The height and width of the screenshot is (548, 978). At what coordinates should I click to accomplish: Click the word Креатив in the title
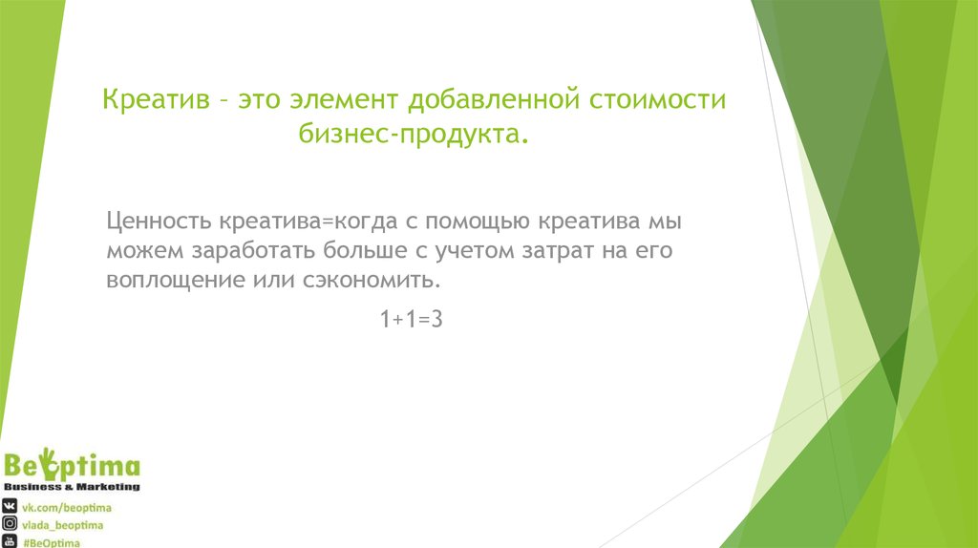[156, 100]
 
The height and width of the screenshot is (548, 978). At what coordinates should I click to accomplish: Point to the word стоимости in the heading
[658, 100]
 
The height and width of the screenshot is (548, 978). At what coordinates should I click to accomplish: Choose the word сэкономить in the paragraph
[393, 282]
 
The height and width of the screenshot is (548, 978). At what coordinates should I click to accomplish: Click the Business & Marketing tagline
[74, 487]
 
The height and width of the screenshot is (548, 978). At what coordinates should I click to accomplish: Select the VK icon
[11, 506]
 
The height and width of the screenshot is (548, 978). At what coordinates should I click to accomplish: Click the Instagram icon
[11, 524]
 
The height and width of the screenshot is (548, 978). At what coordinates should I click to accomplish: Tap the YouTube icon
[11, 541]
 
